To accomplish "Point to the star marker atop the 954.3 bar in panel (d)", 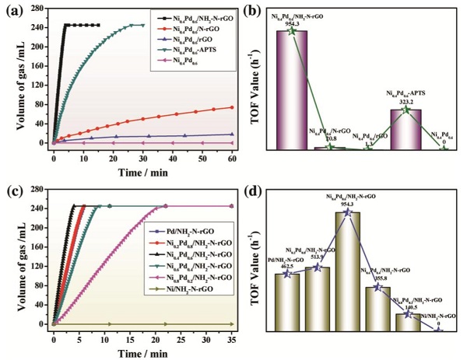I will click(348, 211).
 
